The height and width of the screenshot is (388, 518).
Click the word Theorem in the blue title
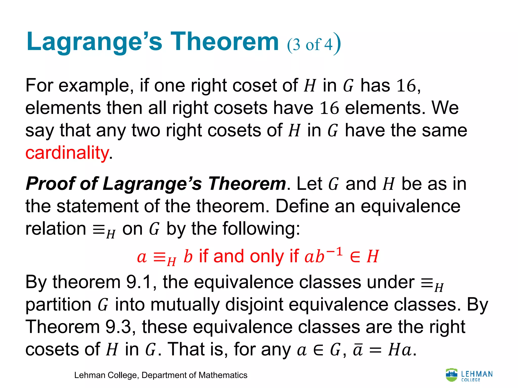point(224,42)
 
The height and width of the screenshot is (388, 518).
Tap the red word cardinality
point(67,153)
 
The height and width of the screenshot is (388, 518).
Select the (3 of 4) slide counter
point(314,44)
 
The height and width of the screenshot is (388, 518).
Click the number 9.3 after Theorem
point(118,327)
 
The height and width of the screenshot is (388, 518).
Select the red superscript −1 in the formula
point(334,252)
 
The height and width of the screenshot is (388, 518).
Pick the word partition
point(58,305)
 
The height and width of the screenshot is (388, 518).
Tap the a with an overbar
point(358,350)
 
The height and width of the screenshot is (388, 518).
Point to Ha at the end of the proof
point(400,350)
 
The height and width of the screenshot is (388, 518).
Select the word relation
point(56,229)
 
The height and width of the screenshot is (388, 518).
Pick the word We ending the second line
point(445,108)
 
